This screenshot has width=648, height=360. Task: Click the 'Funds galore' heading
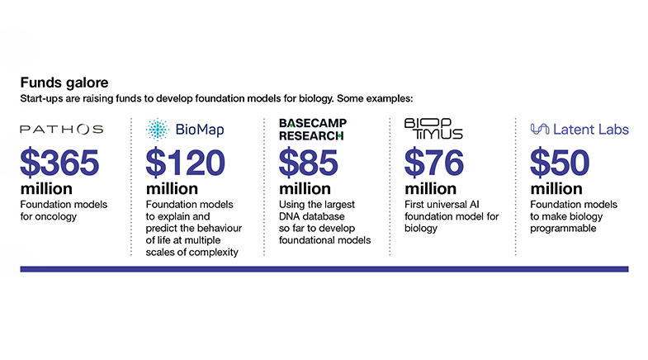point(64,83)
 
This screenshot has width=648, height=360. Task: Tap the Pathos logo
point(62,130)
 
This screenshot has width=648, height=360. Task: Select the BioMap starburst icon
point(158,130)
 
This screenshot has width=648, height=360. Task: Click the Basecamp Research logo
point(313,130)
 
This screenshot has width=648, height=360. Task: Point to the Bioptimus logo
point(433,129)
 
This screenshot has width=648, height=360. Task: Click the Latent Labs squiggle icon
point(540,130)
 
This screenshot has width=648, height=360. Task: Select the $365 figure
point(59,163)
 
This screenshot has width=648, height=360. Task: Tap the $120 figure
point(185,163)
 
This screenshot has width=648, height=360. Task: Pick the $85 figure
point(308,163)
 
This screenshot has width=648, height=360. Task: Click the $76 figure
point(434,163)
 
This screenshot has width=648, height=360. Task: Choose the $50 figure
point(560,163)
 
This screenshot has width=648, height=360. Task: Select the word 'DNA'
point(289,216)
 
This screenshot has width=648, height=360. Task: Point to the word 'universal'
point(441,205)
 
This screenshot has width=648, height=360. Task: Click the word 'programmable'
point(563,229)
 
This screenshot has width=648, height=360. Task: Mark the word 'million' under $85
point(305,189)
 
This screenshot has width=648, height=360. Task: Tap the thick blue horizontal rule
point(324,269)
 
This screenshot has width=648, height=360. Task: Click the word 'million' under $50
point(556,189)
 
